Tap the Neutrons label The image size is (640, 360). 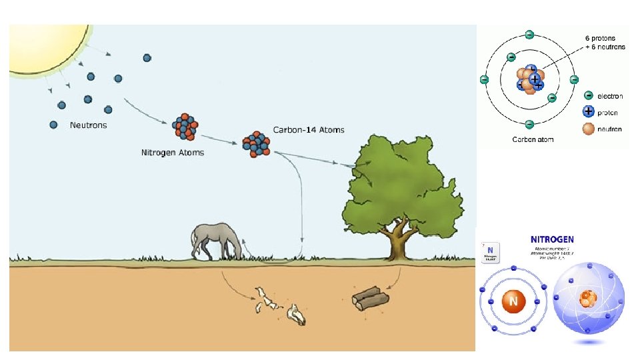coord(88,125)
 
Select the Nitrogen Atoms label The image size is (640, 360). coord(173,152)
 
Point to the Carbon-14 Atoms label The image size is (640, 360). coord(309,129)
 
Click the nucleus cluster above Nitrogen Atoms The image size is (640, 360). coord(185,127)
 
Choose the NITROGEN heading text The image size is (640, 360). coord(551,239)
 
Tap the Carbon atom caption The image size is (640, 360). coord(533,139)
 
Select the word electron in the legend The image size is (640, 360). coord(609,96)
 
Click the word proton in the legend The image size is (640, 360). coord(607,112)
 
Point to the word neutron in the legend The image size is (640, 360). coord(609,129)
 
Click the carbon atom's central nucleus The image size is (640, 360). coord(531,80)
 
